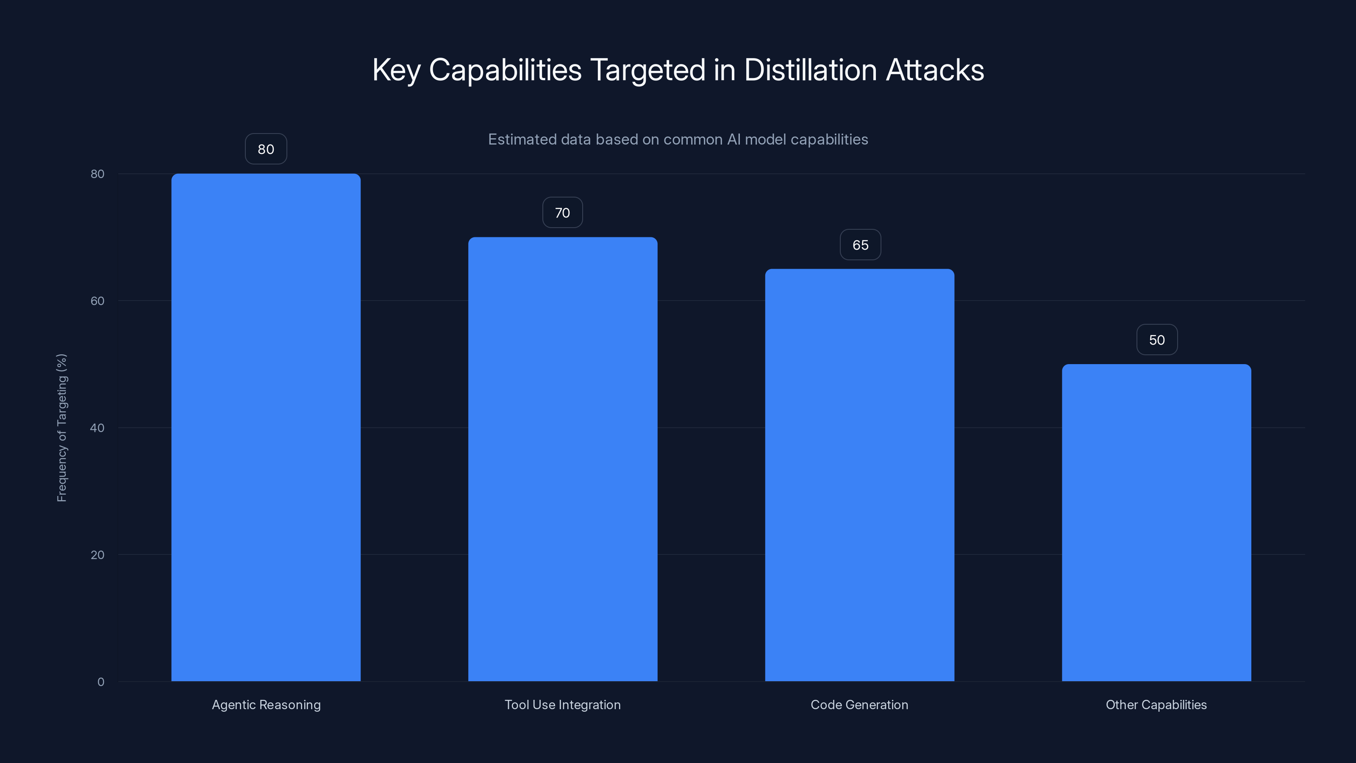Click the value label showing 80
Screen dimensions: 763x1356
click(x=266, y=149)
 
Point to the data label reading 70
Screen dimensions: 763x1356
click(x=562, y=213)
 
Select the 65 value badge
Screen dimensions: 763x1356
click(x=860, y=245)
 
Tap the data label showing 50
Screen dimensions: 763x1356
click(x=1156, y=340)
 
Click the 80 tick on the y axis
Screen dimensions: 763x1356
click(x=97, y=174)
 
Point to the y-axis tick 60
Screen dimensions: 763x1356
click(x=97, y=301)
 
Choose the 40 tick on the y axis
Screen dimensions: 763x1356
click(x=97, y=428)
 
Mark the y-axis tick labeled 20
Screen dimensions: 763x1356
click(x=97, y=554)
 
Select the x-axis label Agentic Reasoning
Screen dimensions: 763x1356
click(x=266, y=705)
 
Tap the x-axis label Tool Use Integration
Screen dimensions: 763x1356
click(x=562, y=705)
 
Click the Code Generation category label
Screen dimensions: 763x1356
click(x=859, y=705)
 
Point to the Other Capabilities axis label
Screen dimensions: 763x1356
click(x=1156, y=705)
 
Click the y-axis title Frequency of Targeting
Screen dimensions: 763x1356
click(x=61, y=428)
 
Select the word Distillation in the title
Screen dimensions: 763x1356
click(x=811, y=70)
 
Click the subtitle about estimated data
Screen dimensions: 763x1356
click(x=678, y=139)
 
